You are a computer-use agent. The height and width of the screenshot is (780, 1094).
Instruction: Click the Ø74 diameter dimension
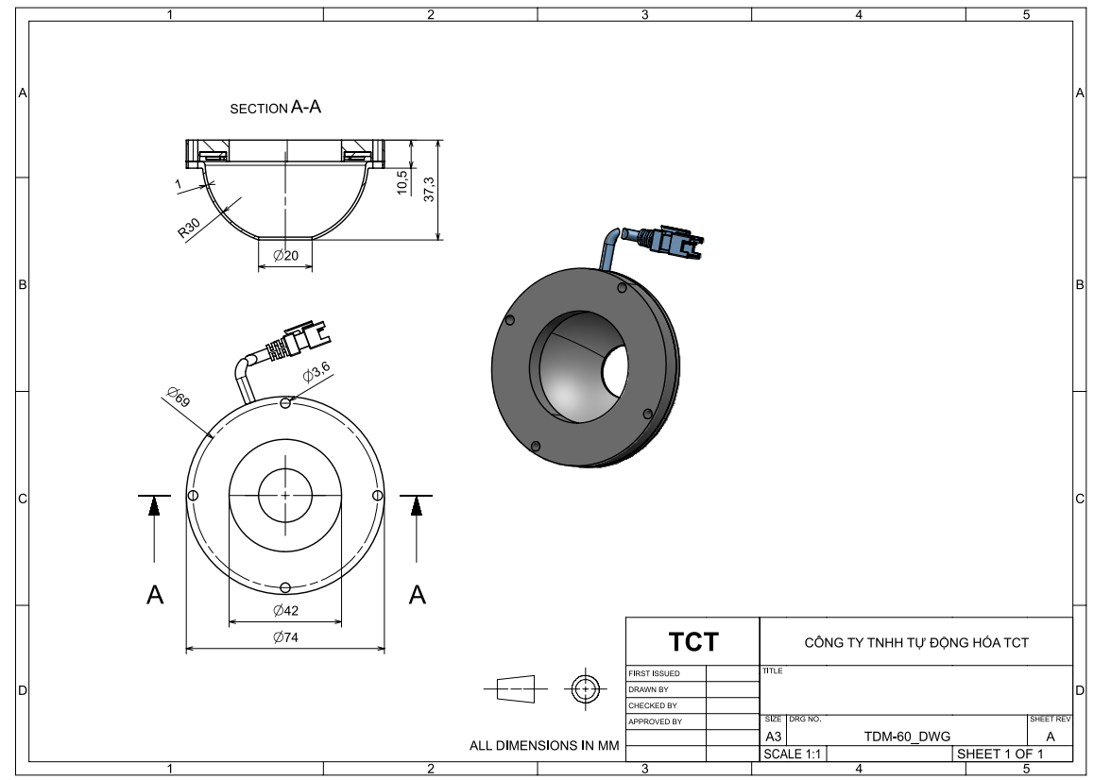pyautogui.click(x=284, y=638)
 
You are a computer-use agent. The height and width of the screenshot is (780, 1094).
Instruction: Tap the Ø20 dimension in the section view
pyautogui.click(x=285, y=256)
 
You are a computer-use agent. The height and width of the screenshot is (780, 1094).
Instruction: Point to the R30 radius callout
pyautogui.click(x=189, y=230)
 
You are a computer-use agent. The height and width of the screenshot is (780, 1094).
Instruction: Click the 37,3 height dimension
pyautogui.click(x=429, y=190)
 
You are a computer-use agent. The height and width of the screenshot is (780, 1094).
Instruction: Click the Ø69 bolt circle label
pyautogui.click(x=177, y=397)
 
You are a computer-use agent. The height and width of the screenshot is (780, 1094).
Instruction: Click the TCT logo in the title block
pyautogui.click(x=693, y=643)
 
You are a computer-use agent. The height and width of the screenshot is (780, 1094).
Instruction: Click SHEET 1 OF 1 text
pyautogui.click(x=1000, y=754)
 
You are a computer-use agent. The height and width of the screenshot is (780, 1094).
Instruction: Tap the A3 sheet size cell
pyautogui.click(x=773, y=737)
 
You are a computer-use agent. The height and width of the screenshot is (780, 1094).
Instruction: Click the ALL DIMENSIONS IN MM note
pyautogui.click(x=544, y=746)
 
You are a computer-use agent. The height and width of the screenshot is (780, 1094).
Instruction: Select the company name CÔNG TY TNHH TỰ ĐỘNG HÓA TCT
pyautogui.click(x=915, y=643)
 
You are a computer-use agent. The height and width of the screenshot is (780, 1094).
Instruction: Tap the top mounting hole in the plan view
pyautogui.click(x=285, y=403)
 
